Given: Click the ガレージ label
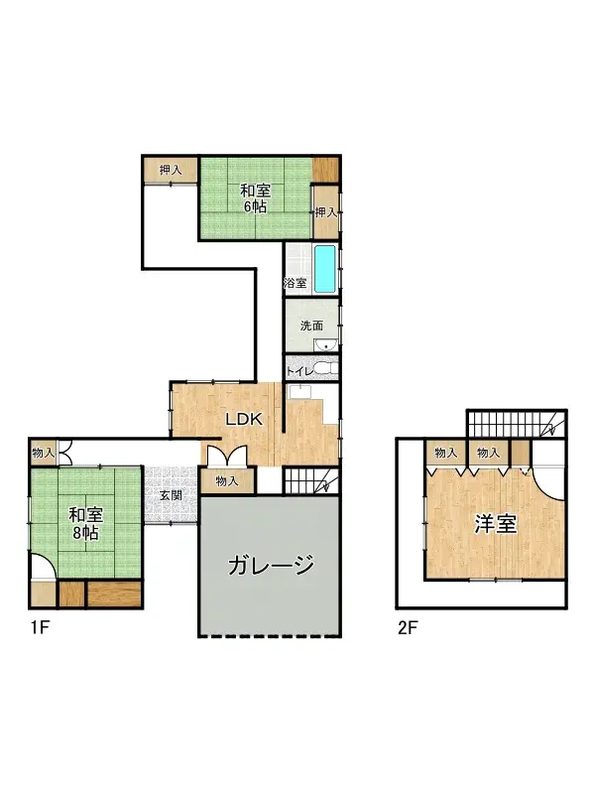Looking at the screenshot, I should coord(271,567).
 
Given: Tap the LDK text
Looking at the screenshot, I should coord(243,419).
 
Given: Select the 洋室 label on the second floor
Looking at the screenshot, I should coord(494,523).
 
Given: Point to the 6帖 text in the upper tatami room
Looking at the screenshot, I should coord(255,207).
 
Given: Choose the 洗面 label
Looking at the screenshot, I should coord(311,325).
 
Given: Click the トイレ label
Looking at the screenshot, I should coord(300,370).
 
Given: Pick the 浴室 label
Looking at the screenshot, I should coord(296,284).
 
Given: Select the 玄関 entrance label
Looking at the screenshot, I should coord(170,495).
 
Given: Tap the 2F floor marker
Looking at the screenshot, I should coord(407,627).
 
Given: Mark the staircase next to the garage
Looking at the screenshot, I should coord(311,482).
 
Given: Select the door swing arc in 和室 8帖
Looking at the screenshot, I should coord(42,570).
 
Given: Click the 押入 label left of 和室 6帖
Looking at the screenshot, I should coord(170,171).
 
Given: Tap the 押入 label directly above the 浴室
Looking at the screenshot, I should coord(326,211).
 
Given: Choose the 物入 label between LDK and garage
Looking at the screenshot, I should coord(227,481).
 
